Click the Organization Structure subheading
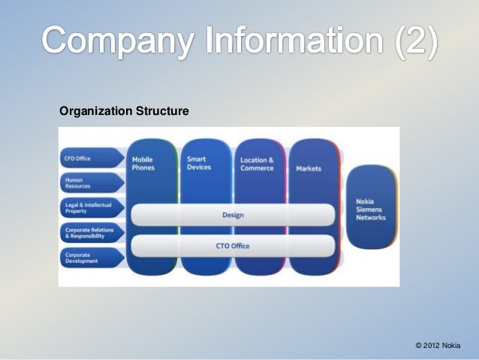(x=124, y=112)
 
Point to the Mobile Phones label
(x=143, y=163)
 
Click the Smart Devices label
(x=199, y=163)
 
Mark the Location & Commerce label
(x=257, y=164)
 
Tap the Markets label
(x=309, y=168)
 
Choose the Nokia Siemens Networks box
(x=371, y=210)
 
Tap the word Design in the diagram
(x=233, y=215)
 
